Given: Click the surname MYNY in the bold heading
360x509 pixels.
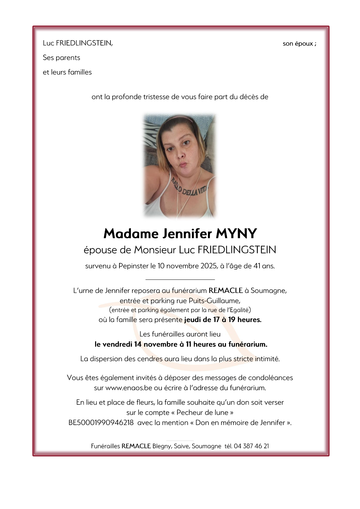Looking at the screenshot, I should [236, 233].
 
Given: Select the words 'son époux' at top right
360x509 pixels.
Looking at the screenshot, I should [298, 44].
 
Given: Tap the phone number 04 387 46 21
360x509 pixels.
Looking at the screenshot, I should [251, 446].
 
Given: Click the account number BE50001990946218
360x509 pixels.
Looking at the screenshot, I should [101, 423].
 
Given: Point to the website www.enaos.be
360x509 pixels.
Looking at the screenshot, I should [129, 388].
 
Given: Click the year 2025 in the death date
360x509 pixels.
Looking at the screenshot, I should [209, 266].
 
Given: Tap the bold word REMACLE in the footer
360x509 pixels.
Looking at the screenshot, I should [136, 446].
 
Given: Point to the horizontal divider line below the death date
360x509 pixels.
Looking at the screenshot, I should [180, 279].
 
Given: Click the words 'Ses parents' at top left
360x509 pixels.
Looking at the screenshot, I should [61, 58].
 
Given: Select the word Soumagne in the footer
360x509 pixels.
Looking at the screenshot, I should [206, 446].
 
